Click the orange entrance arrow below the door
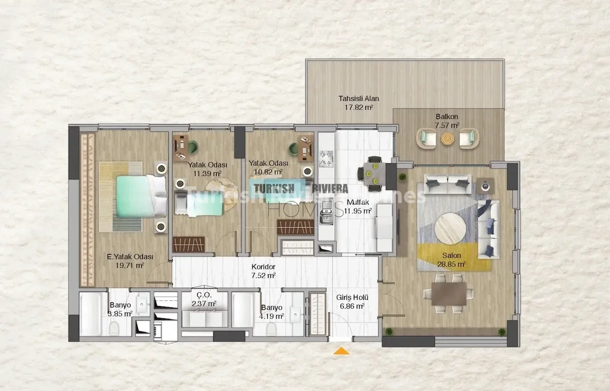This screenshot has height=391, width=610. click(341, 351)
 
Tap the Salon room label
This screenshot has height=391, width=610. click(451, 256)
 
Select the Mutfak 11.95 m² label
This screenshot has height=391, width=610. click(357, 207)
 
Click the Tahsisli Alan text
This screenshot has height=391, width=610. click(359, 98)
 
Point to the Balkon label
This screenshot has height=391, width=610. click(447, 117)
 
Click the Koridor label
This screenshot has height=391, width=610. click(264, 266)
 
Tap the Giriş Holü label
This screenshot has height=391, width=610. click(352, 298)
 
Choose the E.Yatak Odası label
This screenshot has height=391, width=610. click(130, 257)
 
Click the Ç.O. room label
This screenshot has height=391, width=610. click(204, 295)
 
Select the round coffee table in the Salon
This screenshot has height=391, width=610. click(450, 228)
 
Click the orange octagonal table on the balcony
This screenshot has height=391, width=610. click(447, 138)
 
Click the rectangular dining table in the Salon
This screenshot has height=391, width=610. click(449, 294)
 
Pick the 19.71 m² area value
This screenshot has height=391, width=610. click(130, 265)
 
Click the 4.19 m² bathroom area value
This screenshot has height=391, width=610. click(271, 316)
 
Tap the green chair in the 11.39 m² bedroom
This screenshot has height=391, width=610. click(193, 148)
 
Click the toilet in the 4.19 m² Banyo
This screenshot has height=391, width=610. click(271, 329)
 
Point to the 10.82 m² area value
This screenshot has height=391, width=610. click(268, 172)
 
